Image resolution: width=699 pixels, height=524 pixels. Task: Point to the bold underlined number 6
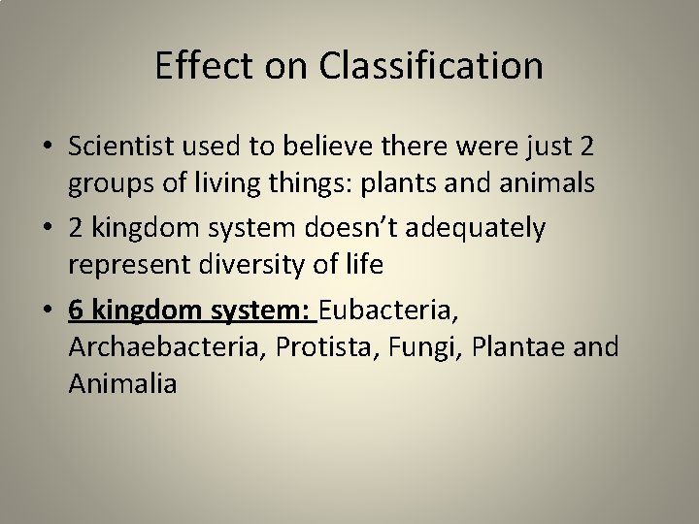(x=77, y=313)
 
